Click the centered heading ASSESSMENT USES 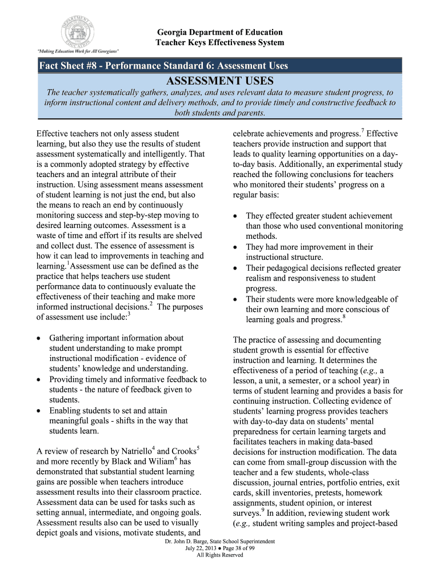(x=220, y=81)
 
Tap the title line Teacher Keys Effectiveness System (x=220, y=43)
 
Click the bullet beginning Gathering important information (x=116, y=338)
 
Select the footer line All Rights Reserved (x=220, y=555)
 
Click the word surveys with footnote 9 (x=246, y=513)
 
